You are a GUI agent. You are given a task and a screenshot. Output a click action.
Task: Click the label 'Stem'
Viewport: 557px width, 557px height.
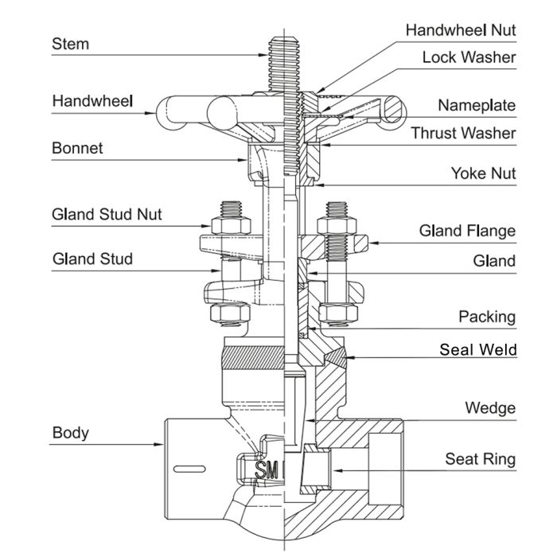click(x=70, y=43)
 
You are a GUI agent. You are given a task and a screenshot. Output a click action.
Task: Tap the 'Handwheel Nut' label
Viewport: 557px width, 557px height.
click(x=461, y=30)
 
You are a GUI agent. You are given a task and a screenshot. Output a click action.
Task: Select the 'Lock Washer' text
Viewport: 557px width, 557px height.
click(x=469, y=57)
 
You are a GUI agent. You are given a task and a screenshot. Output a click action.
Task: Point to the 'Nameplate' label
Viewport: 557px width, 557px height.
click(x=477, y=105)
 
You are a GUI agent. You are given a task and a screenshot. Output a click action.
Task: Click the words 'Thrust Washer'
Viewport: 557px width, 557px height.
click(x=463, y=133)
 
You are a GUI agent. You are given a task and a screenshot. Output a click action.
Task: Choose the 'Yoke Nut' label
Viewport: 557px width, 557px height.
click(x=483, y=173)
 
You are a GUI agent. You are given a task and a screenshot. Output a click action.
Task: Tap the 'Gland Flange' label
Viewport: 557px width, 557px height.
click(x=467, y=231)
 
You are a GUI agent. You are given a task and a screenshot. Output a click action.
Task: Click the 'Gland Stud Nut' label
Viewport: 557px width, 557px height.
click(x=107, y=214)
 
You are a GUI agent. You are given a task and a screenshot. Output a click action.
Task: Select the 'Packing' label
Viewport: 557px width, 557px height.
click(x=486, y=317)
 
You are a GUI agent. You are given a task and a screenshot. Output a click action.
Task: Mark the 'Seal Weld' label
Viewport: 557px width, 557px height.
click(x=477, y=349)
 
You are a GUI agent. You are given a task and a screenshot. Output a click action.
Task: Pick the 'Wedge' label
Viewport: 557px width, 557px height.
click(x=490, y=408)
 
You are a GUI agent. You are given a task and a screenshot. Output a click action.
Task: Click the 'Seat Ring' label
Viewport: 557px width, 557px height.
click(x=480, y=458)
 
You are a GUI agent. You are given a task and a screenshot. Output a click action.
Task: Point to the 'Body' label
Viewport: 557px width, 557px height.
click(x=70, y=434)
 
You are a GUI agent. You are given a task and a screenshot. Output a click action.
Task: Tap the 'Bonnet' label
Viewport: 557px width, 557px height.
click(x=77, y=148)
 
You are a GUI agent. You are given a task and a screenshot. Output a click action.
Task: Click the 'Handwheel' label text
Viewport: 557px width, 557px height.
click(x=92, y=101)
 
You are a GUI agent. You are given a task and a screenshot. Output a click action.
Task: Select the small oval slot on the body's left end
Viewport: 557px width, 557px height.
click(x=188, y=466)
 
